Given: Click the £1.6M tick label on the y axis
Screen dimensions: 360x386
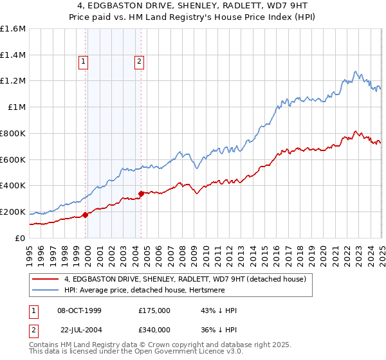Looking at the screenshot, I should pos(13,29).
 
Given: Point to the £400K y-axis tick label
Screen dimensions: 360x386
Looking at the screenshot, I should pos(13,185).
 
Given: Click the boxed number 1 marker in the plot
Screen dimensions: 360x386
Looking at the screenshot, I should pos(84,62).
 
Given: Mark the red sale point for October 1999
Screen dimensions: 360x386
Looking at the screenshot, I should pos(85,215).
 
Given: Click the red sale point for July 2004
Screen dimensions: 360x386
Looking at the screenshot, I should pos(141,194).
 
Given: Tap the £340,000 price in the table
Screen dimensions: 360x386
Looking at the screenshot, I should pos(154,329).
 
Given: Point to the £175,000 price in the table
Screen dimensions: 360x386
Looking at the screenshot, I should pos(154,311).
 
